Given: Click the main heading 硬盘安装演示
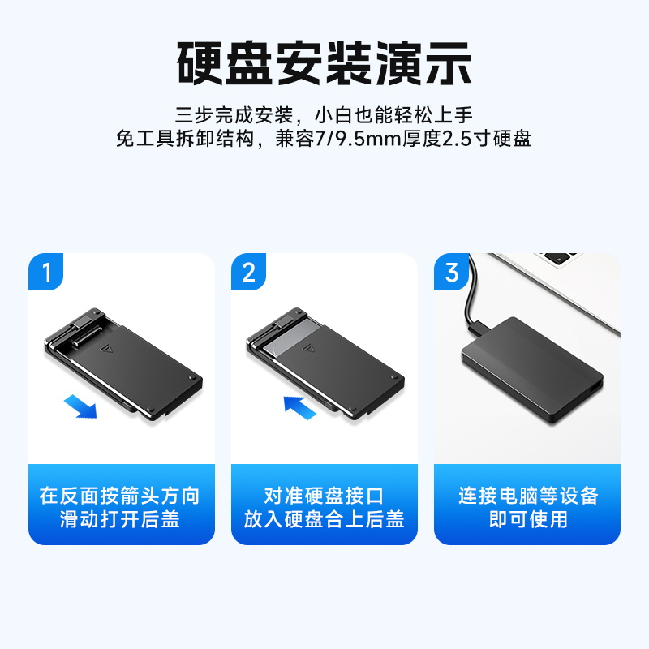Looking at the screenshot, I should [324, 62].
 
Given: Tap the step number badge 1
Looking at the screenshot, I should [47, 272].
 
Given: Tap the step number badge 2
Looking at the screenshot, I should [249, 272].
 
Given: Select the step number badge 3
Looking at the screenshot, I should [452, 272].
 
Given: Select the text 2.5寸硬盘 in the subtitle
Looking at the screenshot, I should [487, 139].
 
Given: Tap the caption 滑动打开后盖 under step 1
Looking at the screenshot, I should [120, 519].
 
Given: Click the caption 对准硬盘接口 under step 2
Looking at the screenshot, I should [324, 496].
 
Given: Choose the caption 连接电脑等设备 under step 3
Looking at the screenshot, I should [527, 496].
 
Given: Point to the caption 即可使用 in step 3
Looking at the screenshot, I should [527, 519].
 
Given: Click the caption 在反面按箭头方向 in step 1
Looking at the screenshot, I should [120, 496].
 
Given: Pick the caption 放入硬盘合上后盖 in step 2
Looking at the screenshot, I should [324, 519].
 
